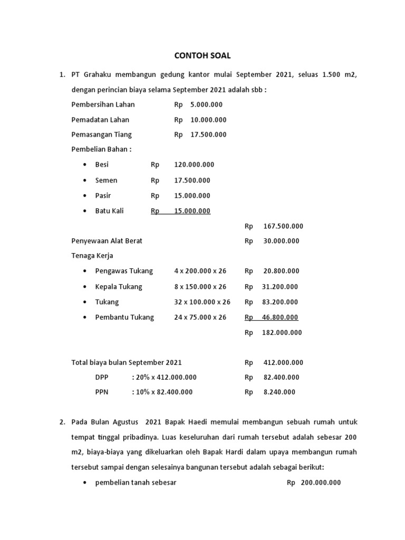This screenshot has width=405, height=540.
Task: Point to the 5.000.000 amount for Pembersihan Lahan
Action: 202,104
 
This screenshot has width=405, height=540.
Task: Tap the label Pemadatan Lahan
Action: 100,120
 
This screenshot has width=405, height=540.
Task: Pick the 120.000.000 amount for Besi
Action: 194,165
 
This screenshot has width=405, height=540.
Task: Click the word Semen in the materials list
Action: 106,180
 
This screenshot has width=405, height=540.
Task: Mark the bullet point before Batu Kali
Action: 85,211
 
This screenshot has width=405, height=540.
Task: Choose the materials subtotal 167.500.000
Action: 283,226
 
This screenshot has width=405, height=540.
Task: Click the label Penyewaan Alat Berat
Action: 107,241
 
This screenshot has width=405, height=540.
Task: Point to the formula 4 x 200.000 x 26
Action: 200,271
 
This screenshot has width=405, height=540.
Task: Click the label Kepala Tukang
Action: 119,287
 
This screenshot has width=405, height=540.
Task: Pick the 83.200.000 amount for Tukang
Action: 279,302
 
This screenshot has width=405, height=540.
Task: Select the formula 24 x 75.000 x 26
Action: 200,317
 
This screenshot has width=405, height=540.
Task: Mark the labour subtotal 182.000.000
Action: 282,333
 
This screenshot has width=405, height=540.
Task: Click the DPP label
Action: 101,377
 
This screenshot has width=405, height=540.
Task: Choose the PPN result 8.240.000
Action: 279,392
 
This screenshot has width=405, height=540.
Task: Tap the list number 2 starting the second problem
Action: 62,422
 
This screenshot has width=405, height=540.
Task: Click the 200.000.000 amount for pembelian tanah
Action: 321,483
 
